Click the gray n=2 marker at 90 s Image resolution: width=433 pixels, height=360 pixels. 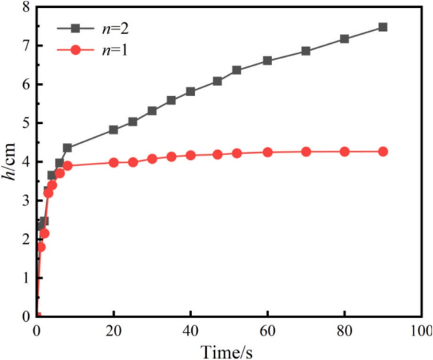[x=383, y=27]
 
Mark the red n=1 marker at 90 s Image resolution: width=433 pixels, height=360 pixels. [x=383, y=152]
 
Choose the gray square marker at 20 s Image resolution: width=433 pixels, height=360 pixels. [x=113, y=130]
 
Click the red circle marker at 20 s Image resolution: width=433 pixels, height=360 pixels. [x=113, y=162]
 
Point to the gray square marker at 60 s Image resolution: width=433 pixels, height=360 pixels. [x=268, y=61]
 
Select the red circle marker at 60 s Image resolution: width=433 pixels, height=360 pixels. [x=268, y=152]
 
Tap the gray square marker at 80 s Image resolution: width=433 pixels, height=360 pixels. [x=345, y=39]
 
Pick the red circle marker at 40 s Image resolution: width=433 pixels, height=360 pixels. [x=191, y=155]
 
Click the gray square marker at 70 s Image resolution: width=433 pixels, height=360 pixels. [x=306, y=51]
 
